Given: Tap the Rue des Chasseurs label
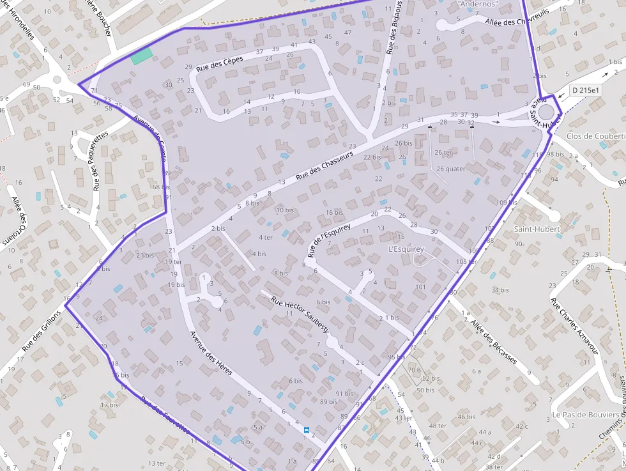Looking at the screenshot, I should click(324, 164).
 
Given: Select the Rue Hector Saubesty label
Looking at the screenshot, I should click(300, 314).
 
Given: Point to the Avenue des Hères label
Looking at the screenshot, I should click(211, 353).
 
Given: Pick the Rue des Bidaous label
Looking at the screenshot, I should click(394, 29).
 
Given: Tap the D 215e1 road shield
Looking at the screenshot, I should click(586, 91).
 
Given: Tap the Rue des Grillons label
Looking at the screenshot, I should click(42, 330).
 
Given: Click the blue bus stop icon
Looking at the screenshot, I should click(306, 431).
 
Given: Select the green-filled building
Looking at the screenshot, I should click(142, 56).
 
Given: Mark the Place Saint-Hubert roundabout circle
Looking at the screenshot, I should click(546, 112).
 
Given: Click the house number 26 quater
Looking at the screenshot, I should click(451, 169).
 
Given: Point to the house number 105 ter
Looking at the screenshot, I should click(466, 262).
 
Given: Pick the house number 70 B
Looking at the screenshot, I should click(414, 369).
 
